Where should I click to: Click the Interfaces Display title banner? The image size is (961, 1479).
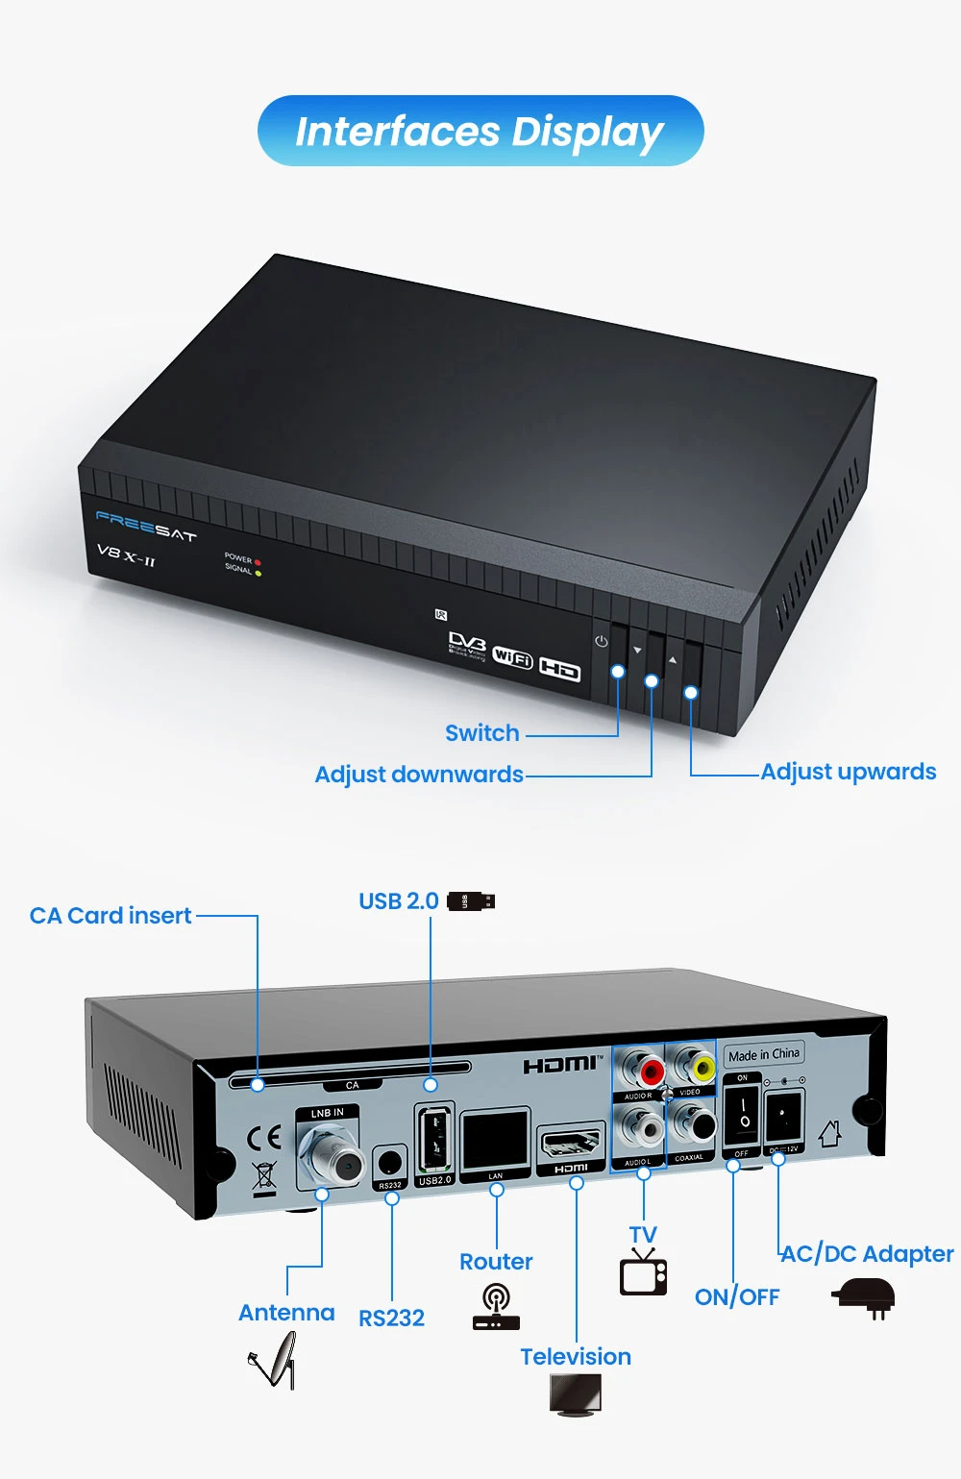(480, 131)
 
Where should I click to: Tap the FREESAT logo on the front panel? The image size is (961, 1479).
(145, 526)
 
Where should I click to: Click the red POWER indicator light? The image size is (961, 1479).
(258, 562)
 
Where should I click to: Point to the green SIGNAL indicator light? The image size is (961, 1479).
(258, 574)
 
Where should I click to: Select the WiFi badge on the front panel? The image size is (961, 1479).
(512, 656)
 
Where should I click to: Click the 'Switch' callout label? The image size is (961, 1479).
(481, 733)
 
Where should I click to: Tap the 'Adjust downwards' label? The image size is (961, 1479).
(419, 775)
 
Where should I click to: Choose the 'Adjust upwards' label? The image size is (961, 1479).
(848, 772)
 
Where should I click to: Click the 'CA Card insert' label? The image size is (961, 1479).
(111, 916)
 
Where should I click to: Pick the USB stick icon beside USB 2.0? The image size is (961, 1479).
(471, 901)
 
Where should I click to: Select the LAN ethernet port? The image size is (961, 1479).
(495, 1141)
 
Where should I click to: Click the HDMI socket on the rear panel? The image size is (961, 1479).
(571, 1145)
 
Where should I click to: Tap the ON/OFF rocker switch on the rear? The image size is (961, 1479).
(742, 1115)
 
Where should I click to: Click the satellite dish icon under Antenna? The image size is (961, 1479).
(274, 1364)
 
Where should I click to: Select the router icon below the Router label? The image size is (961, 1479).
(496, 1309)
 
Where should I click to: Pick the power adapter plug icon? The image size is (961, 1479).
(864, 1296)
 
